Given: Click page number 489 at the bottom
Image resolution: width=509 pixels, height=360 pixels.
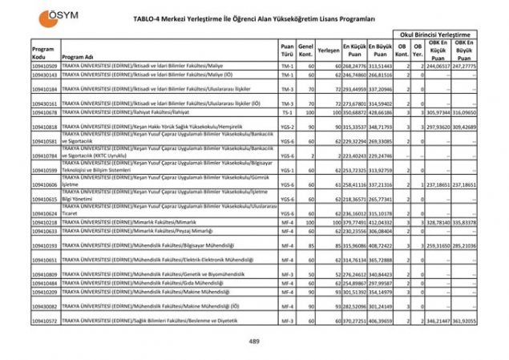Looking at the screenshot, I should [x=254, y=342].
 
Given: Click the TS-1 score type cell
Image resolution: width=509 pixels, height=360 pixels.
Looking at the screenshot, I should [x=287, y=113].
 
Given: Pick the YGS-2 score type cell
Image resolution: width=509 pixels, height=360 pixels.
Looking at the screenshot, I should [x=287, y=127].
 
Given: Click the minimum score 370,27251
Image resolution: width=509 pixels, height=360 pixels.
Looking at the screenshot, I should [x=355, y=321].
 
